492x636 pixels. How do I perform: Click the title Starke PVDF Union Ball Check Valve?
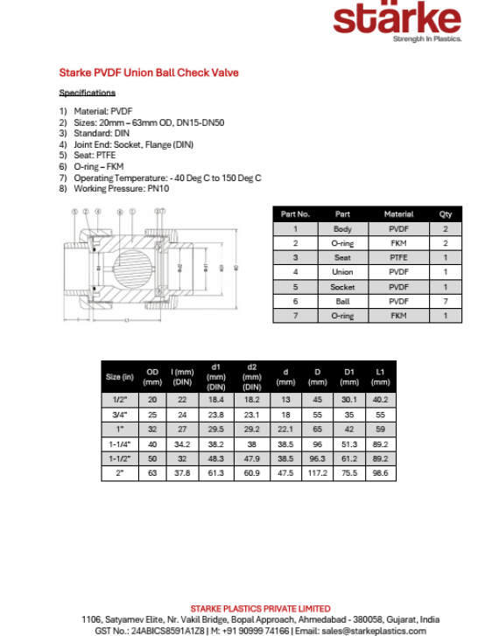pyautogui.click(x=148, y=73)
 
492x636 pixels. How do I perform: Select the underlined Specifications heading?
pyautogui.click(x=87, y=93)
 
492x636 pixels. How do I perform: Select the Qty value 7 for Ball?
pyautogui.click(x=445, y=301)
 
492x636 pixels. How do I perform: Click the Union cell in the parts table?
pyautogui.click(x=342, y=272)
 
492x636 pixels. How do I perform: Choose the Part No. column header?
pyautogui.click(x=295, y=213)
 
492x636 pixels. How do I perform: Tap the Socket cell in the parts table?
pyautogui.click(x=342, y=287)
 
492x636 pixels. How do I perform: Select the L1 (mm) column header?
pyautogui.click(x=380, y=377)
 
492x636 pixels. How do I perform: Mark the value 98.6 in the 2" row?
pyautogui.click(x=380, y=473)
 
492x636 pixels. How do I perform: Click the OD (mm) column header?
pyautogui.click(x=152, y=377)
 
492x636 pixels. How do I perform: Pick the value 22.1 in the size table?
pyautogui.click(x=285, y=430)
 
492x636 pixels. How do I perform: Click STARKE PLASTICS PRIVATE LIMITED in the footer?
pyautogui.click(x=260, y=608)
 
